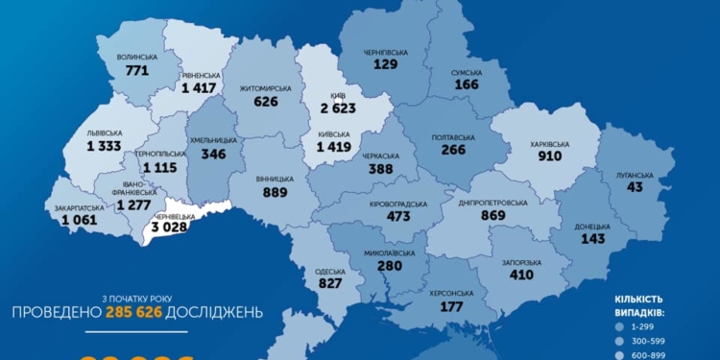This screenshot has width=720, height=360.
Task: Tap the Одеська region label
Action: click(x=330, y=272)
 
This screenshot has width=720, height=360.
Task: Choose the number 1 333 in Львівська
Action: click(x=105, y=146)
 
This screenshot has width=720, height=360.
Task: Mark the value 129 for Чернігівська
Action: click(x=385, y=62)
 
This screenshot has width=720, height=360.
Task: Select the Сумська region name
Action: click(x=468, y=72)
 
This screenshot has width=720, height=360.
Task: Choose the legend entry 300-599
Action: click(x=656, y=341)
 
